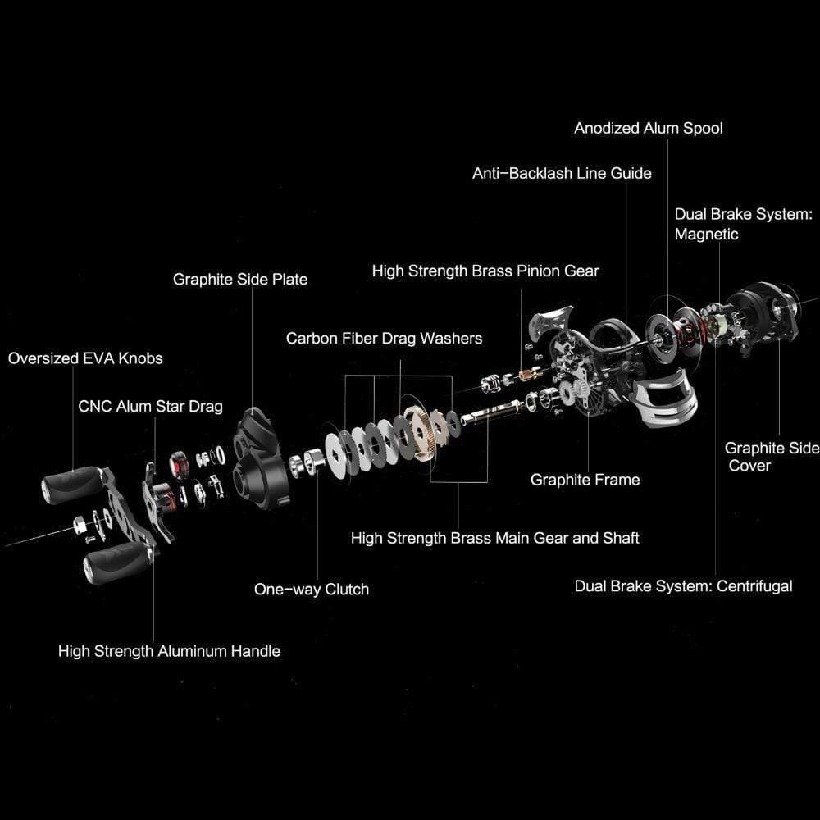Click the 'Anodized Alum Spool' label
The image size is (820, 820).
click(x=648, y=128)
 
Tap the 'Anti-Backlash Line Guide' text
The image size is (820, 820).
click(x=562, y=173)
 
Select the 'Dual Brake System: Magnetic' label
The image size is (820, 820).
click(x=742, y=224)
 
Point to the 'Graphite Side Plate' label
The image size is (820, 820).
click(x=239, y=279)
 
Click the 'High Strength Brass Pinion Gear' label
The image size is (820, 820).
click(x=485, y=271)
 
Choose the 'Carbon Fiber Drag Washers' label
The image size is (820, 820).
click(x=384, y=338)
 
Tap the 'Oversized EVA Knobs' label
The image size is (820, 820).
click(x=85, y=358)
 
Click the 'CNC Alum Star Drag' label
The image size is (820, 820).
click(x=150, y=406)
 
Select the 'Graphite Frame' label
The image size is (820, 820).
click(x=585, y=480)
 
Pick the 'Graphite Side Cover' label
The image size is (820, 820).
click(x=770, y=457)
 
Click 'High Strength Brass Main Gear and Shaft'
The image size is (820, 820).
click(x=494, y=538)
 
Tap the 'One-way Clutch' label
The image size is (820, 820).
click(x=311, y=589)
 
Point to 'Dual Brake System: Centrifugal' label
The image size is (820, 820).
click(x=683, y=585)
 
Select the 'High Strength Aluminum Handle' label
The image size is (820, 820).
click(x=169, y=651)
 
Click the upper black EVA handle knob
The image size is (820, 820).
click(x=66, y=487)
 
